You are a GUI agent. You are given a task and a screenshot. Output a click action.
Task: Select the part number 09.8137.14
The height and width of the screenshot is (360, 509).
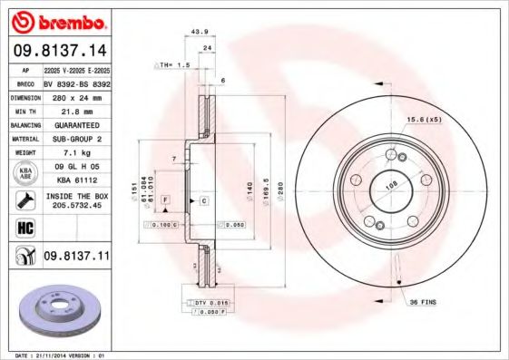pyautogui.click(x=55, y=51)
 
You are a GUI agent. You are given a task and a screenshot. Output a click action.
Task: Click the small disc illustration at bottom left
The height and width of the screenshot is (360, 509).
pyautogui.click(x=54, y=308)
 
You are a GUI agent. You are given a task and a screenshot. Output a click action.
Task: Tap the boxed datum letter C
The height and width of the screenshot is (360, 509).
pyautogui.click(x=203, y=199)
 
